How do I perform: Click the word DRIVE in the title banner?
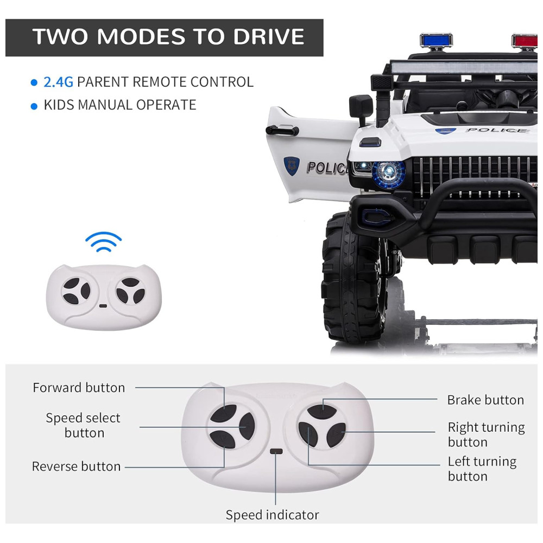coord(269,36)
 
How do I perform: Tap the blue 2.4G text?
coord(58,82)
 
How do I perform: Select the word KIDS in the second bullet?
coord(59,105)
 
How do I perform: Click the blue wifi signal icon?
coord(103,242)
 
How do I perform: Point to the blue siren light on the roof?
coord(436,40)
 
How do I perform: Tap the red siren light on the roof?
coord(525,41)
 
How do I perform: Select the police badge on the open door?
coord(291,166)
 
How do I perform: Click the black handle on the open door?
coord(282,130)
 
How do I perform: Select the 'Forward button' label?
coord(79,388)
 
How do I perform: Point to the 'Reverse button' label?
coord(76,466)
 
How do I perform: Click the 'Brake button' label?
coord(485,400)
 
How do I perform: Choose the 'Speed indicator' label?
coord(272,515)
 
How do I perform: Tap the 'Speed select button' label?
coord(83,425)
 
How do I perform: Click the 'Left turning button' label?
coord(482,469)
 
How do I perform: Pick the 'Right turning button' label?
coord(486,434)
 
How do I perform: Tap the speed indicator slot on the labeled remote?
coord(276,452)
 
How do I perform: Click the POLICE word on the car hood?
coord(497,130)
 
